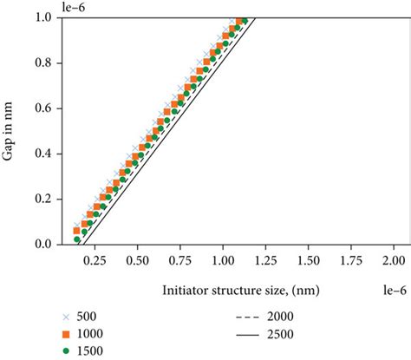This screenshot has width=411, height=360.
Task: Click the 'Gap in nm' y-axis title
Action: [x=12, y=130]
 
